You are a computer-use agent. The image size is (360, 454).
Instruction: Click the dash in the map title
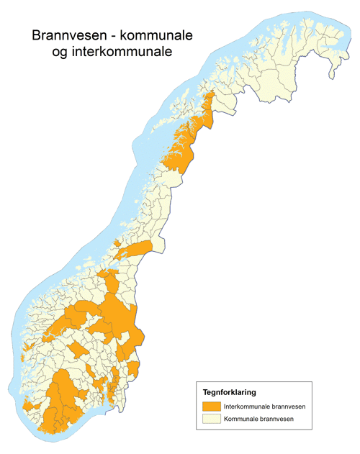coord(112,37)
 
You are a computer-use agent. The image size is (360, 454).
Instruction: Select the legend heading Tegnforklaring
coord(227,392)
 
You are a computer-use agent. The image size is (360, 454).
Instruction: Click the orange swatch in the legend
coord(211,407)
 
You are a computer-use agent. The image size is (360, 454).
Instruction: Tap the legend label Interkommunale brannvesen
coord(264,407)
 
